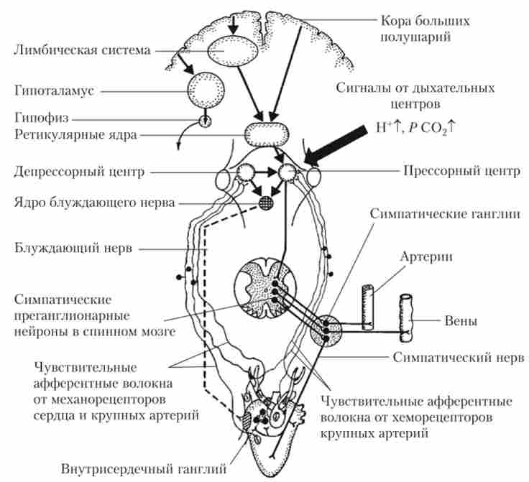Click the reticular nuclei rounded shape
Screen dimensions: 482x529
point(265,135)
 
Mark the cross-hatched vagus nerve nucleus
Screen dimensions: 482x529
point(267,203)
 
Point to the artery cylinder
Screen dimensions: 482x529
point(367,307)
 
